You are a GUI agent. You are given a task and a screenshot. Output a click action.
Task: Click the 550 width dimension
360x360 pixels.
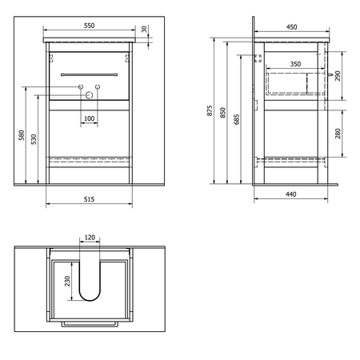pyautogui.click(x=89, y=26)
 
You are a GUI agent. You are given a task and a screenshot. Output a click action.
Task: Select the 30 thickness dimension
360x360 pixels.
pyautogui.click(x=144, y=29)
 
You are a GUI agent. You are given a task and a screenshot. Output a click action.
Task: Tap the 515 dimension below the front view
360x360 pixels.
pyautogui.click(x=89, y=199)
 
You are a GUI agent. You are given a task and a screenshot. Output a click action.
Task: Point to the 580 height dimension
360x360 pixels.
pyautogui.click(x=22, y=135)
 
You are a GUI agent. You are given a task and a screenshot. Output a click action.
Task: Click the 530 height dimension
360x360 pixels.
pyautogui.click(x=34, y=139)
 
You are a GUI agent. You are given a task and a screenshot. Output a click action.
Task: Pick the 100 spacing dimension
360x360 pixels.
pyautogui.click(x=89, y=118)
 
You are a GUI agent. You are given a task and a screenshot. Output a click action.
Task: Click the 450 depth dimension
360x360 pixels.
pyautogui.click(x=291, y=27)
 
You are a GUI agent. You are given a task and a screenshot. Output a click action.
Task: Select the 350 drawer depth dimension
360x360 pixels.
pyautogui.click(x=295, y=64)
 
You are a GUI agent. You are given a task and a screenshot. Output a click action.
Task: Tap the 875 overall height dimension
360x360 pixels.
pyautogui.click(x=210, y=110)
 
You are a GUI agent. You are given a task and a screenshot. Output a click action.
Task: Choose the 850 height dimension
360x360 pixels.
pyautogui.click(x=222, y=113)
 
